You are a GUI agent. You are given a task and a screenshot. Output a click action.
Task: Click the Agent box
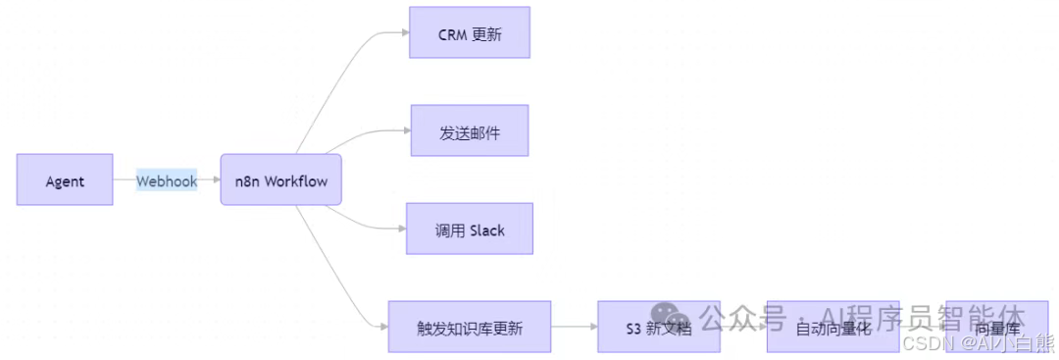(65, 180)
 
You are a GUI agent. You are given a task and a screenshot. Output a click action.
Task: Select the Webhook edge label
(167, 180)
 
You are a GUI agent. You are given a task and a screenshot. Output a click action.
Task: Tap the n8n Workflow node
(280, 180)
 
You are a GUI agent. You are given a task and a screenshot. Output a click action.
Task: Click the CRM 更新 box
(470, 33)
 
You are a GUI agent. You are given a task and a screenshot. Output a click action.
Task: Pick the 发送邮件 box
(470, 131)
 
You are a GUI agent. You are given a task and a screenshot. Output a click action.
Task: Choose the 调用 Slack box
(470, 230)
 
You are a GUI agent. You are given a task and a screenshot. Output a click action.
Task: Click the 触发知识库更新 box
(470, 328)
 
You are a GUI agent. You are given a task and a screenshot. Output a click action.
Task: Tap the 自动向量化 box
(832, 328)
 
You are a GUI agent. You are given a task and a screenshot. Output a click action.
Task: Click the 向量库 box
(996, 328)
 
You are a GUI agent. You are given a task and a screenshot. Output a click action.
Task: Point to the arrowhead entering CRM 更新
(404, 32)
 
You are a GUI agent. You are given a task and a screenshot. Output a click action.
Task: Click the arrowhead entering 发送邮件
(404, 130)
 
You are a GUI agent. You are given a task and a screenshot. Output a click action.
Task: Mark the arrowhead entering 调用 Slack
(401, 229)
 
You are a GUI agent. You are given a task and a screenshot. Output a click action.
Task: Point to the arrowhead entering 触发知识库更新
(383, 327)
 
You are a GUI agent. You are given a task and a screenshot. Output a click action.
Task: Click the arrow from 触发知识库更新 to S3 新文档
(575, 327)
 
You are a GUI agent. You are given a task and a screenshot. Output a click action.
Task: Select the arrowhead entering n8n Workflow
(215, 180)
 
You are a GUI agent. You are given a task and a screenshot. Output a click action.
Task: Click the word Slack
(487, 231)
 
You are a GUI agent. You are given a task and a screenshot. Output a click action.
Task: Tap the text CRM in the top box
(453, 34)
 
